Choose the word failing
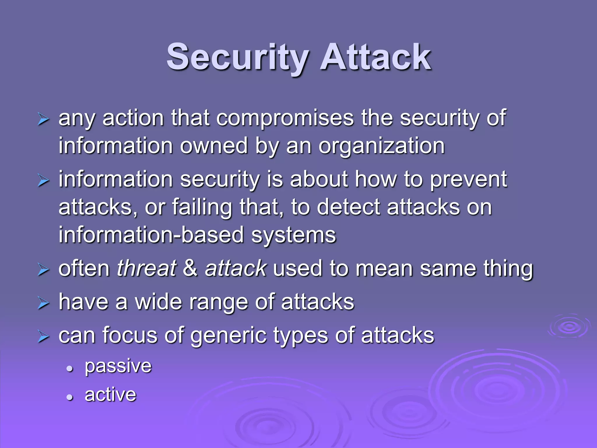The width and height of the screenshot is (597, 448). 202,207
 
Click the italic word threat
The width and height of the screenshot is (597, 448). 146,268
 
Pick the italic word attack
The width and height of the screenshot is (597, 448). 236,268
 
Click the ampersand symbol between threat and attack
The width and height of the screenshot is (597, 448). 190,268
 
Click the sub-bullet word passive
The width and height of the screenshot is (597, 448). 118,366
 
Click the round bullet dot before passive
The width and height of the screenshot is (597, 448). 69,369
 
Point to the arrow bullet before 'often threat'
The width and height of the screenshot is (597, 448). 43,270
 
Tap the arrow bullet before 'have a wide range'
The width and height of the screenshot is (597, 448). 43,303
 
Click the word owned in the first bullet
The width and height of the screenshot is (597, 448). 214,146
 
